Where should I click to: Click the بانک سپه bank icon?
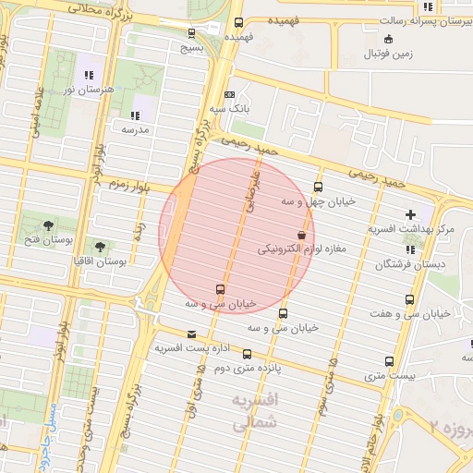pyautogui.click(x=230, y=93)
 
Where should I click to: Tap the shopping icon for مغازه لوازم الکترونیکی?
pyautogui.click(x=301, y=234)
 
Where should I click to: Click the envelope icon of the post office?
pyautogui.click(x=191, y=334)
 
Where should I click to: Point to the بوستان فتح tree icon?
pyautogui.click(x=48, y=225)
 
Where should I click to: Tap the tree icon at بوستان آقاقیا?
pyautogui.click(x=100, y=247)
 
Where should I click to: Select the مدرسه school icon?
pyautogui.click(x=135, y=116)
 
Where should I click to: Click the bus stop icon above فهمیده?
pyautogui.click(x=239, y=22)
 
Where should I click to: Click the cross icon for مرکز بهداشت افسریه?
pyautogui.click(x=410, y=214)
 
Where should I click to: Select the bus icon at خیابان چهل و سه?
pyautogui.click(x=319, y=187)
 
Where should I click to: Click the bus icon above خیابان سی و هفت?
pyautogui.click(x=409, y=299)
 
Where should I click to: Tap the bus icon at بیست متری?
pyautogui.click(x=389, y=362)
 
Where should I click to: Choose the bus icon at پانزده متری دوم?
pyautogui.click(x=246, y=354)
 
